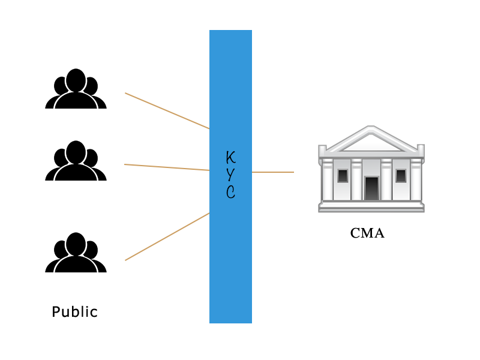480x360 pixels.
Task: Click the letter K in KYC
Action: [x=230, y=157]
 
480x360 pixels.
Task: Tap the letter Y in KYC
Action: [x=230, y=175]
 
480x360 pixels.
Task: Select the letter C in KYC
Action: [x=230, y=192]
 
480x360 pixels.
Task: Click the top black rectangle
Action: [x=76, y=88]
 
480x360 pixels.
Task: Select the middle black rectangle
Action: [x=76, y=160]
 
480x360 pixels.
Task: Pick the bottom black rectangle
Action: [x=76, y=252]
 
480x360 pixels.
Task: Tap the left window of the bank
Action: [x=343, y=176]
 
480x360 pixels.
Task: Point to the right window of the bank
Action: [x=401, y=176]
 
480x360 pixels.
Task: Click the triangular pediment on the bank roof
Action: [x=371, y=140]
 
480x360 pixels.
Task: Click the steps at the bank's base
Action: [x=371, y=206]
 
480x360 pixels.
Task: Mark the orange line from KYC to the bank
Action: [x=273, y=172]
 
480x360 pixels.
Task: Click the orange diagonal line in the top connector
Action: [x=167, y=110]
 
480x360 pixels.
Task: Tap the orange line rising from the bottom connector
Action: [x=167, y=237]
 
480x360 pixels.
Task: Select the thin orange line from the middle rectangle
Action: [x=167, y=167]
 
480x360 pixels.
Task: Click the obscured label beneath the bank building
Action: [x=367, y=233]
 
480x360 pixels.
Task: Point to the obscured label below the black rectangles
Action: [x=74, y=312]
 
